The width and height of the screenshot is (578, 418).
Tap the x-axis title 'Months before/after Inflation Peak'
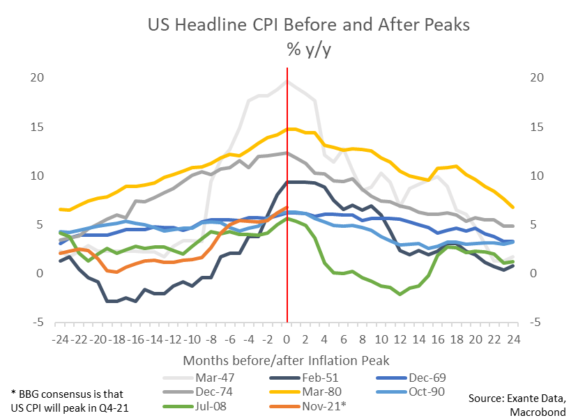click(x=287, y=361)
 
